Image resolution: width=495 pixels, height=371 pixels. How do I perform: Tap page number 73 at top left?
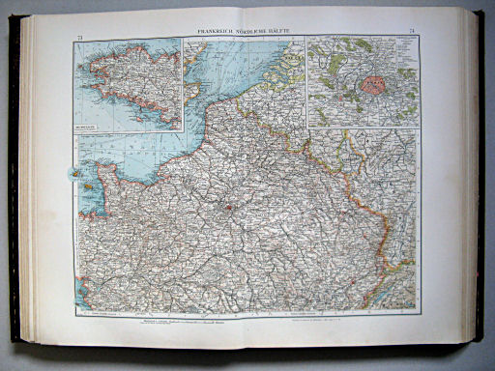point(78,36)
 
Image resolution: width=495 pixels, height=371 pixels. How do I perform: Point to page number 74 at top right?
point(413,33)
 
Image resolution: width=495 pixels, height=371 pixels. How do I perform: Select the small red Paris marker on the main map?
point(229,205)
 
